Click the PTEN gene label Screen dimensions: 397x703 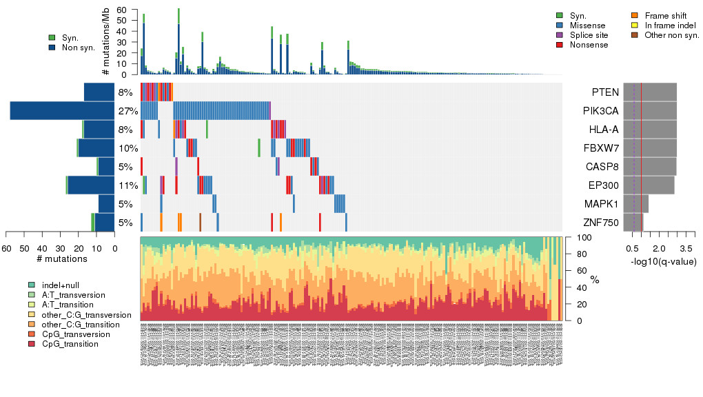click(x=604, y=92)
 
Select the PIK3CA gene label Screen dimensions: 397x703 click(x=600, y=111)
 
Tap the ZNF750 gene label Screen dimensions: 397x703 click(x=600, y=223)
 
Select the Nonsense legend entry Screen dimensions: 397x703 click(x=589, y=45)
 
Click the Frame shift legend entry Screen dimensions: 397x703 click(x=664, y=15)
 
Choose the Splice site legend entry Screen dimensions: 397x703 click(x=589, y=35)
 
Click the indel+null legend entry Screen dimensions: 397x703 click(x=63, y=285)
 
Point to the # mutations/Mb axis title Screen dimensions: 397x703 click(x=105, y=42)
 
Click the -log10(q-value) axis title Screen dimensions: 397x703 click(x=663, y=262)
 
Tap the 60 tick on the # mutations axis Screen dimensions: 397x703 click(x=7, y=248)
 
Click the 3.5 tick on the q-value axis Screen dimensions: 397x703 click(x=686, y=248)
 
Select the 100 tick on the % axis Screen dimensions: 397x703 click(x=583, y=238)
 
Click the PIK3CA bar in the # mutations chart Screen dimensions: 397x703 click(x=62, y=111)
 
